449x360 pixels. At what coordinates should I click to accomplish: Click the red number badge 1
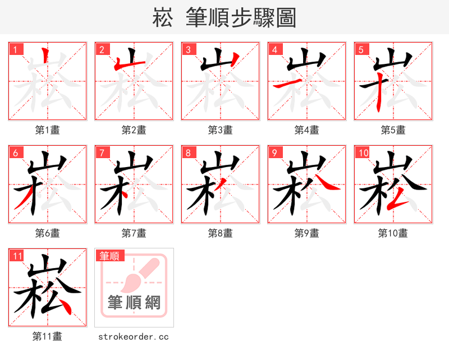[x=14, y=49]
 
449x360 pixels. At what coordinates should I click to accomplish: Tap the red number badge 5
[x=360, y=49]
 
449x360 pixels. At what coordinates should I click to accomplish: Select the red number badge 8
[x=187, y=153]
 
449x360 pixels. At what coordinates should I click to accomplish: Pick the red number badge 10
[x=362, y=153]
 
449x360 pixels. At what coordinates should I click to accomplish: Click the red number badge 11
[x=17, y=256]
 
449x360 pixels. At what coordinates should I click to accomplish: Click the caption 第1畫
[x=48, y=130]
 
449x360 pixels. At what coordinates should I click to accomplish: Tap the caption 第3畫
[x=221, y=130]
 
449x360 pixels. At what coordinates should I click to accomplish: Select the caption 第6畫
[x=48, y=233]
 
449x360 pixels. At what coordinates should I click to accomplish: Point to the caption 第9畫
[x=307, y=233]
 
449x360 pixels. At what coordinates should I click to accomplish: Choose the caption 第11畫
[x=48, y=336]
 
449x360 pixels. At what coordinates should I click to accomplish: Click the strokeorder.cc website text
[x=134, y=336]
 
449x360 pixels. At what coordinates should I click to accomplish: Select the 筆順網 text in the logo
[x=134, y=303]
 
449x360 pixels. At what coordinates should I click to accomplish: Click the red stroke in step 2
[x=118, y=65]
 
